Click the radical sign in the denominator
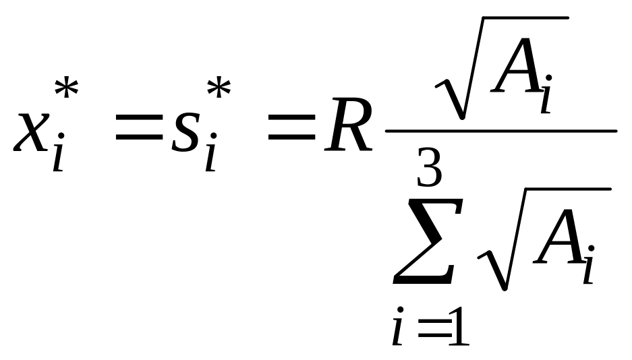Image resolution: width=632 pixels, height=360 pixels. click(x=496, y=263)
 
